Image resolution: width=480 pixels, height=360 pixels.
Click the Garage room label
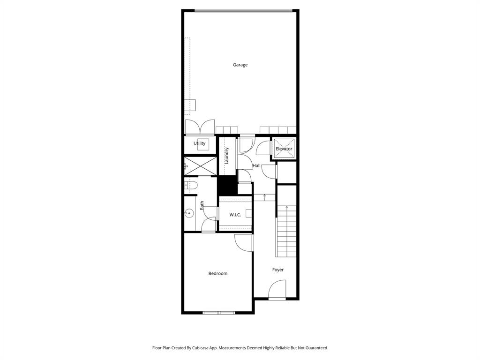coord(240,65)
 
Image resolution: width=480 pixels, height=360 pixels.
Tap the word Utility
coord(199,143)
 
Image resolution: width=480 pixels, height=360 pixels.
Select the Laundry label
coord(226,156)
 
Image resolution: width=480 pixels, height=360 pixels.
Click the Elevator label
coord(284,149)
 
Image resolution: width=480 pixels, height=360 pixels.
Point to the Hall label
coord(256,165)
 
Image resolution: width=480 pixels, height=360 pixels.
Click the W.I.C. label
coord(235,215)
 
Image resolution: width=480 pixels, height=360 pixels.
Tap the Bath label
coord(202,205)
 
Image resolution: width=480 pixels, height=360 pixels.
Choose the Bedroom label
coord(217,273)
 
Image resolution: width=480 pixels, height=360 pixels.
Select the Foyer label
coord(277,270)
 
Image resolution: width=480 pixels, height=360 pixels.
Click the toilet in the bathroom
coord(191,185)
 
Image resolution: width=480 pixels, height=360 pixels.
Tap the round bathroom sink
coord(189,213)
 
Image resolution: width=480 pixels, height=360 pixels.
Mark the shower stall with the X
coord(201,165)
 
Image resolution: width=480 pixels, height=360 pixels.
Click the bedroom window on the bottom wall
coord(219,313)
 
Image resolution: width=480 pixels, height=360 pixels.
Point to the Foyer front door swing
coord(278,289)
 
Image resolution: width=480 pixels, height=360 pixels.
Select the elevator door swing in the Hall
coord(264,147)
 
